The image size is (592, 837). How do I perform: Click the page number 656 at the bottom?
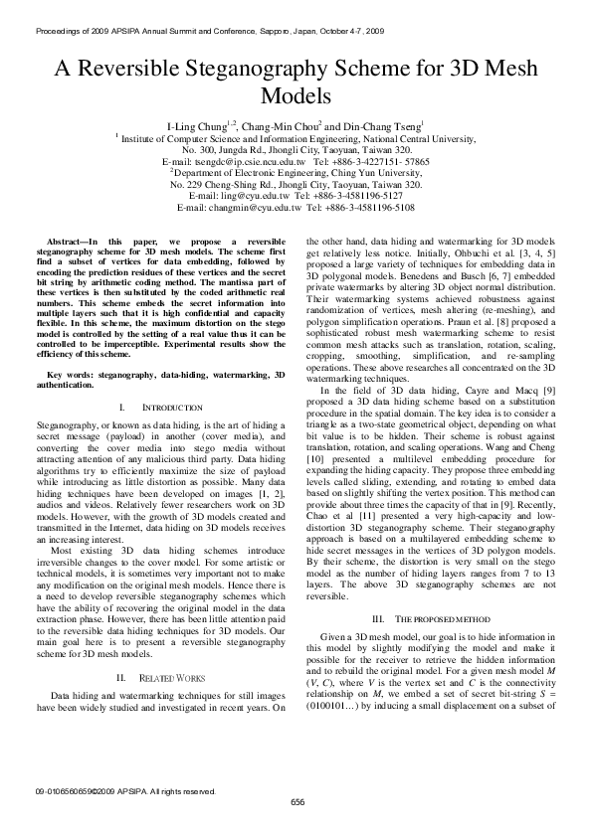click(296, 802)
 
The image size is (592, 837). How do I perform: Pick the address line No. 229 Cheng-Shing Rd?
click(219, 184)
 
